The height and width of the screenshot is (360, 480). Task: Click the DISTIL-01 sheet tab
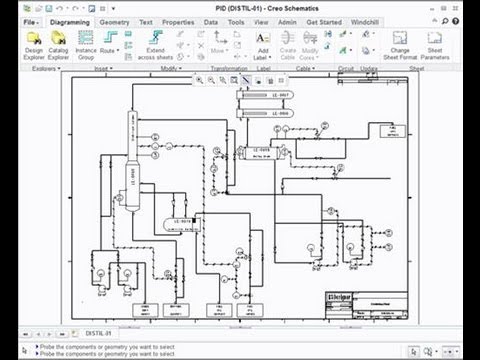(97, 332)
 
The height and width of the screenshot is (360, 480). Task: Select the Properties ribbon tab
(178, 20)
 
